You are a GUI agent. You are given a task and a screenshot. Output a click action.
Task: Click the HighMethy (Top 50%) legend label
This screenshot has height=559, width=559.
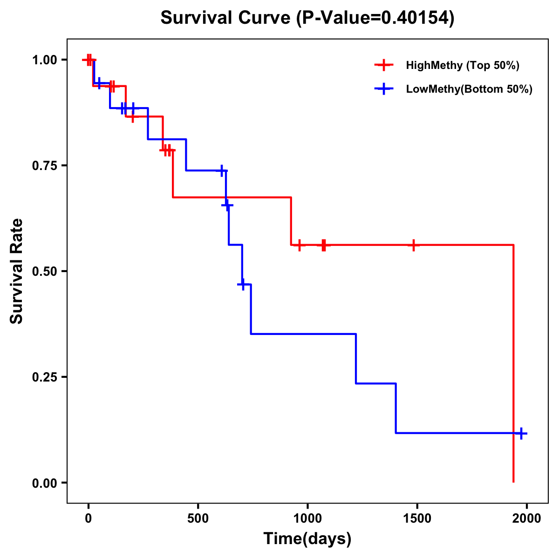[x=462, y=65]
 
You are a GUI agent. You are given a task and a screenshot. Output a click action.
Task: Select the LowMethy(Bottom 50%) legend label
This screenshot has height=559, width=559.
[x=469, y=89]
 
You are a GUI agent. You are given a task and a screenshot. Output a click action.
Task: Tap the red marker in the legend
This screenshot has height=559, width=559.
[x=384, y=65]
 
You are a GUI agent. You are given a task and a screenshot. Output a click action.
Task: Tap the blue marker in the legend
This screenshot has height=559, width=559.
[x=384, y=89]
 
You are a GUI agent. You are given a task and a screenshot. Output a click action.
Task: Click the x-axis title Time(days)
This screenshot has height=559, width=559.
[x=307, y=539]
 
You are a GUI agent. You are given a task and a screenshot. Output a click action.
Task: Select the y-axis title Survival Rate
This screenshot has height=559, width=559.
[x=17, y=271]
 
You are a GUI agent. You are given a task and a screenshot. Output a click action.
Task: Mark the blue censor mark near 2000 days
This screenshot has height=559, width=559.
[x=521, y=433]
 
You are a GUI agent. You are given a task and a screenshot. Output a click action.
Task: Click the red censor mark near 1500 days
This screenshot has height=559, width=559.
[x=413, y=245]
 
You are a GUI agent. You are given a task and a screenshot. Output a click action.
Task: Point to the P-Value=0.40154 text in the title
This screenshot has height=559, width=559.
[x=377, y=18]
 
